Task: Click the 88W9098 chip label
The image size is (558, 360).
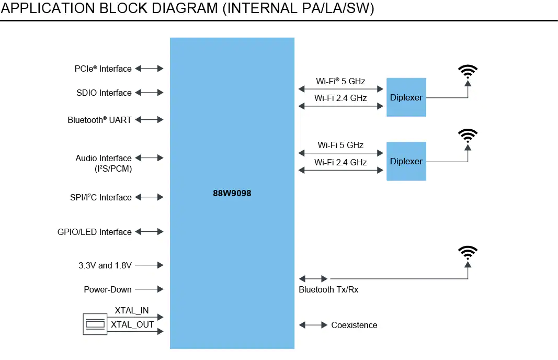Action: pyautogui.click(x=232, y=193)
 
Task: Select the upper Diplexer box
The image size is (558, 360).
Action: pyautogui.click(x=406, y=97)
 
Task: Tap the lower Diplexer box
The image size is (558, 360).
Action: pyautogui.click(x=406, y=161)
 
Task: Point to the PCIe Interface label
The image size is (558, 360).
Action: pyautogui.click(x=103, y=69)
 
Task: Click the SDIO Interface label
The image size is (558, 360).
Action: pyautogui.click(x=104, y=93)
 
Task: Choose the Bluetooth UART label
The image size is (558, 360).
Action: pyautogui.click(x=99, y=120)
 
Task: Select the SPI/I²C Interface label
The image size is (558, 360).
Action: pyautogui.click(x=101, y=197)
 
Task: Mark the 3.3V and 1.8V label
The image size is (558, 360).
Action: pyautogui.click(x=102, y=265)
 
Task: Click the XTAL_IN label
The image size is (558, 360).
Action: pyautogui.click(x=132, y=310)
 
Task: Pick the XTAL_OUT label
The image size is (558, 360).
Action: pyautogui.click(x=133, y=324)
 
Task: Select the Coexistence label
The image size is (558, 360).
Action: pyautogui.click(x=354, y=325)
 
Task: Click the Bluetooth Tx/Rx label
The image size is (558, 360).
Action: pyautogui.click(x=328, y=289)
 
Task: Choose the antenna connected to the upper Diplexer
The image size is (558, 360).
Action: pyautogui.click(x=468, y=72)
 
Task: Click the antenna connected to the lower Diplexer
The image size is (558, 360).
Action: pyautogui.click(x=468, y=137)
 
